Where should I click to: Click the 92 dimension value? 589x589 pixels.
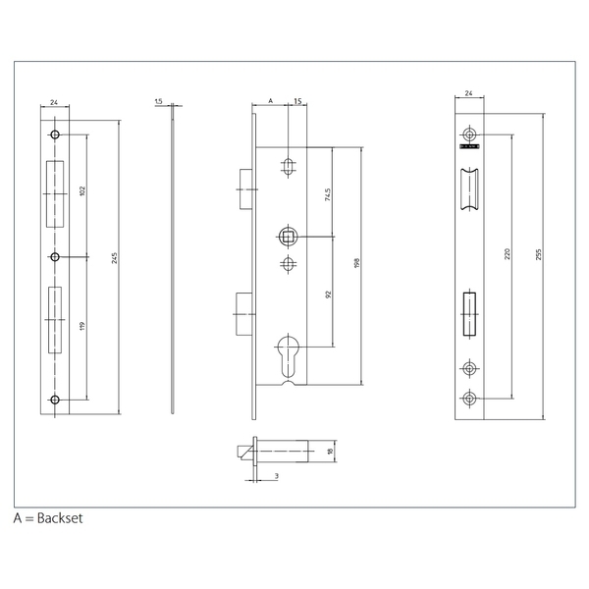coord(327,292)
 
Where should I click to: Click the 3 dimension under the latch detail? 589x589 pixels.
coord(278,475)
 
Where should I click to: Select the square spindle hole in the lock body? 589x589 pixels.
coord(287,236)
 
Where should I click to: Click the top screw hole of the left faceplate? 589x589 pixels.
coord(55,134)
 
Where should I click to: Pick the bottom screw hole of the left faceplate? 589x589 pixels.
coord(55,399)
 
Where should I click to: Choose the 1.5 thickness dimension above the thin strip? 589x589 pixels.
coord(158,101)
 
